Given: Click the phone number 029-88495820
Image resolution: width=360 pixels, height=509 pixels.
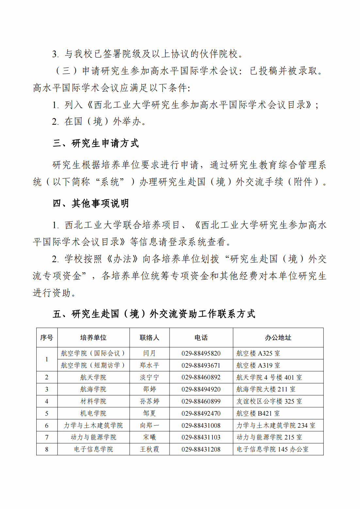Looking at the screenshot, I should tap(201, 353).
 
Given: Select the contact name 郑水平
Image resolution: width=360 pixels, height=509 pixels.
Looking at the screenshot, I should tap(149, 365).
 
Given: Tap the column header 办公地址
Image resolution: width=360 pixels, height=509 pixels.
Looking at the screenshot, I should tap(278, 338).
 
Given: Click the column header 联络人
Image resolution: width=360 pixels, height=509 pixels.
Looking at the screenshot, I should tap(149, 338).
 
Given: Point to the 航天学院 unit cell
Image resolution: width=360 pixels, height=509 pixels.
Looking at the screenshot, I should tap(93, 377).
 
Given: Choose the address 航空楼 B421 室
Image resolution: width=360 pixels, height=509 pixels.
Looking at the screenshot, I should tap(258, 413).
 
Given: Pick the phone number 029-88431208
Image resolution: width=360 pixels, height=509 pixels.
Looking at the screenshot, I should tap(201, 449).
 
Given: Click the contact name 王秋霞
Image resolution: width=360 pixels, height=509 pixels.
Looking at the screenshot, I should tap(149, 449).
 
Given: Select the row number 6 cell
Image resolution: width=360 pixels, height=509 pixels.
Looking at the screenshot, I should tap(47, 425).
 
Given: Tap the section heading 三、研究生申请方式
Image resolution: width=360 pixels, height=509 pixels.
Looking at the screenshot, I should tap(96, 143).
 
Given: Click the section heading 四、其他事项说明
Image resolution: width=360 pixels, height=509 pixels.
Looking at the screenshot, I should tap(91, 203).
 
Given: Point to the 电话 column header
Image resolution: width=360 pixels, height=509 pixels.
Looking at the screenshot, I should tap(201, 338).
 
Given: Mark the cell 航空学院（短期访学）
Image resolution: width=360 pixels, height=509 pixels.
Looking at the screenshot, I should tap(93, 365).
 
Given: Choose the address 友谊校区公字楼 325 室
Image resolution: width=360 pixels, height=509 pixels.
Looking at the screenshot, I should tap(269, 401).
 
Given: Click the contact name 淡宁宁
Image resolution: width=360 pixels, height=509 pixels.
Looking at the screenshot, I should tap(149, 377).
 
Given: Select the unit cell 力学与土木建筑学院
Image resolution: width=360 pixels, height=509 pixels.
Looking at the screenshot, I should tap(93, 425).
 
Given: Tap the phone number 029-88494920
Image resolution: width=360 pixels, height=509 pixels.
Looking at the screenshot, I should tap(201, 389).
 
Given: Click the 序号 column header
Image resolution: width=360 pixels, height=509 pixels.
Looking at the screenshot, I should tap(47, 338).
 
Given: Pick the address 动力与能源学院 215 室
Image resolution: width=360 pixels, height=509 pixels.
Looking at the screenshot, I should tap(269, 437).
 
